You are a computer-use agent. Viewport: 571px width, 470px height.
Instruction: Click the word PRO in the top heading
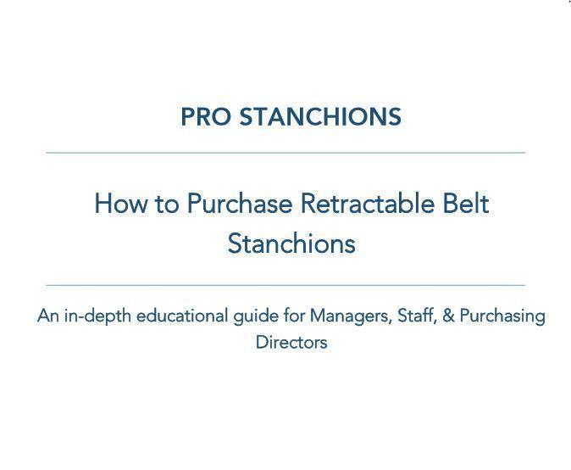coord(206,117)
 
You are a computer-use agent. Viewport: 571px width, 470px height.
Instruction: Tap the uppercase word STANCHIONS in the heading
coord(320,117)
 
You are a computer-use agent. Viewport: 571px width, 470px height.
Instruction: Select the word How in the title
coord(121,204)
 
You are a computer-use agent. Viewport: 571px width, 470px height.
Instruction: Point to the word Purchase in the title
coord(240,204)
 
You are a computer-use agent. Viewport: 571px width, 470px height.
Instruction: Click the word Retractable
coord(368,204)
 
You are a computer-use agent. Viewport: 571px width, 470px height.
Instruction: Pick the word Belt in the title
coord(465,204)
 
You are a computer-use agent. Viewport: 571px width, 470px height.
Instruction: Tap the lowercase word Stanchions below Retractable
coord(291,243)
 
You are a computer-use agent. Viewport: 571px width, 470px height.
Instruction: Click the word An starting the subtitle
coord(48,316)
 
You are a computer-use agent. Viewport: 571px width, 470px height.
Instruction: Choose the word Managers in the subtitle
coord(351,316)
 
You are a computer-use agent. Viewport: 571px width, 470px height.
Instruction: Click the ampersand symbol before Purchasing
coord(448,316)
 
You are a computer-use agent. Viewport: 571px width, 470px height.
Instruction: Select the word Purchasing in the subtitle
coord(502,316)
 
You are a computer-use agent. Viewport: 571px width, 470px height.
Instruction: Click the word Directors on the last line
coord(291,343)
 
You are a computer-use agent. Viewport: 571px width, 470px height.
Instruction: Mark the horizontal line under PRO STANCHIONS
coord(285,153)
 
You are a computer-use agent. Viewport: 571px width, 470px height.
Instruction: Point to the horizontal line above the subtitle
coord(285,285)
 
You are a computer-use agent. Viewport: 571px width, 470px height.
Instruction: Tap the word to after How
coord(167,204)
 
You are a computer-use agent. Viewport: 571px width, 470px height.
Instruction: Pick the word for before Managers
coord(294,316)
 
